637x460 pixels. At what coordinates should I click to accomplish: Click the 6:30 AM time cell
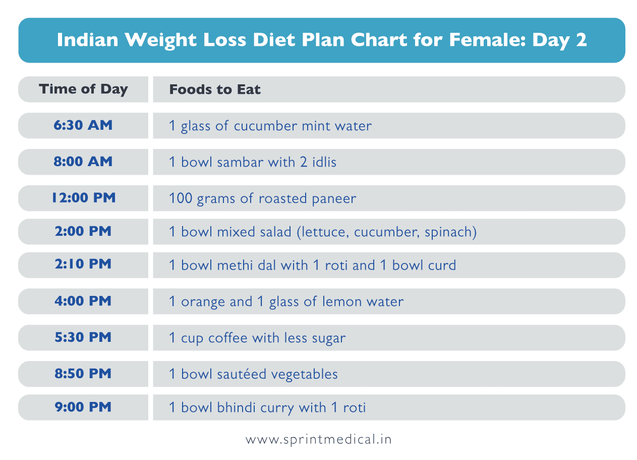83,126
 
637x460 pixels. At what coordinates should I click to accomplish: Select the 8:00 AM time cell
83,162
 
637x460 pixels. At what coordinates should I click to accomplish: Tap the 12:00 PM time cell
83,198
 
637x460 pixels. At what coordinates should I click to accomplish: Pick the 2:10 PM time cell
83,265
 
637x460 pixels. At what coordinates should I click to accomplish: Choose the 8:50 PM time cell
83,374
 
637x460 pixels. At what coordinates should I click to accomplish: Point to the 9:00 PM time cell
83,407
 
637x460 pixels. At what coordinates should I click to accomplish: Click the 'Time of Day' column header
83,89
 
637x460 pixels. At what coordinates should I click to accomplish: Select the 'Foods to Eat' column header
215,90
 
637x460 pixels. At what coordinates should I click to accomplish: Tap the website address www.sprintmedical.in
318,439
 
